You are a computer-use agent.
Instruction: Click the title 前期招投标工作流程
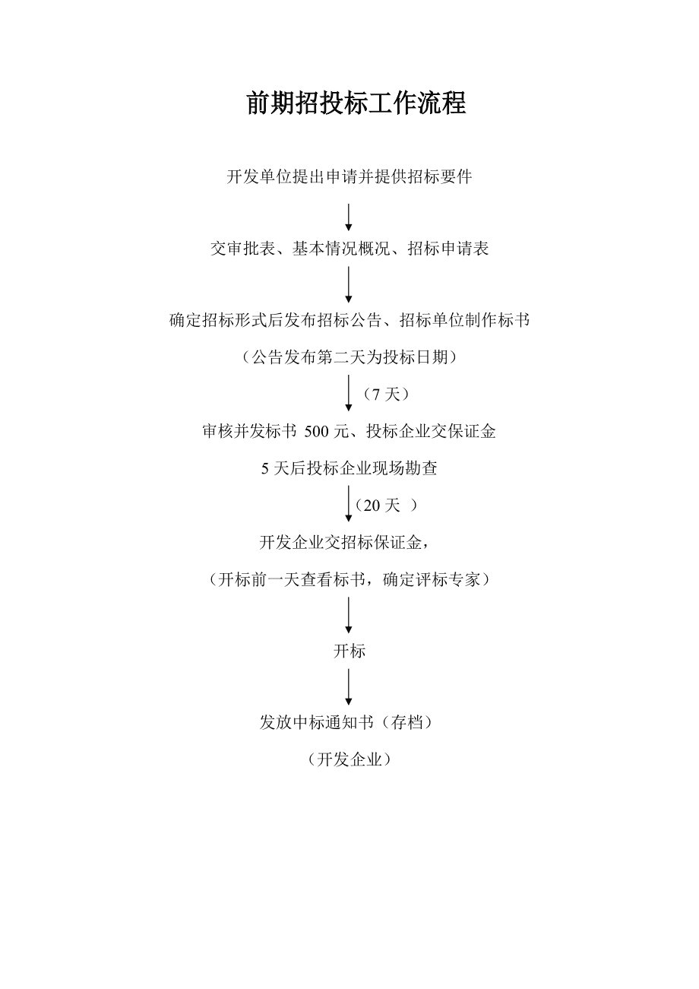pyautogui.click(x=356, y=103)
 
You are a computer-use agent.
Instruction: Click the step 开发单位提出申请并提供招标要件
pyautogui.click(x=349, y=176)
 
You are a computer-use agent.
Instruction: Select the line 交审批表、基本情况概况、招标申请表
pyautogui.click(x=349, y=249)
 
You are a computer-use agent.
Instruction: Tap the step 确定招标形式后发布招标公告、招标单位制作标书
pyautogui.click(x=349, y=320)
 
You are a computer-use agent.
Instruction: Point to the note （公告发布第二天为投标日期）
pyautogui.click(x=349, y=357)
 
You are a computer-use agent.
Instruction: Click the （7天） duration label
pyautogui.click(x=386, y=394)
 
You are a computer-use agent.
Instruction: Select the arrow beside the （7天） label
pyautogui.click(x=349, y=393)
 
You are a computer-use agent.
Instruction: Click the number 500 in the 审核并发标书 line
pyautogui.click(x=316, y=431)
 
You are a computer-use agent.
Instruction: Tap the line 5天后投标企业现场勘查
pyautogui.click(x=349, y=468)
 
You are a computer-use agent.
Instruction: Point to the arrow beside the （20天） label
pyautogui.click(x=349, y=504)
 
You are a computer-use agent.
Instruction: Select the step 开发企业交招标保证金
pyautogui.click(x=344, y=542)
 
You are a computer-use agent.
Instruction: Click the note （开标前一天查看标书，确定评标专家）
pyautogui.click(x=349, y=579)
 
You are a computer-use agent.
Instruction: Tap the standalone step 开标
pyautogui.click(x=349, y=651)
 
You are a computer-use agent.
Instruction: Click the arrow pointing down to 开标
pyautogui.click(x=349, y=615)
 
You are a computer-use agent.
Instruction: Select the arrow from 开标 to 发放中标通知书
pyautogui.click(x=349, y=687)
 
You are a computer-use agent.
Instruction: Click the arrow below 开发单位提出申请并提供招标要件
pyautogui.click(x=349, y=217)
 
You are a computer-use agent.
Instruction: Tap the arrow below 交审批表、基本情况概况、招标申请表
pyautogui.click(x=349, y=284)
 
